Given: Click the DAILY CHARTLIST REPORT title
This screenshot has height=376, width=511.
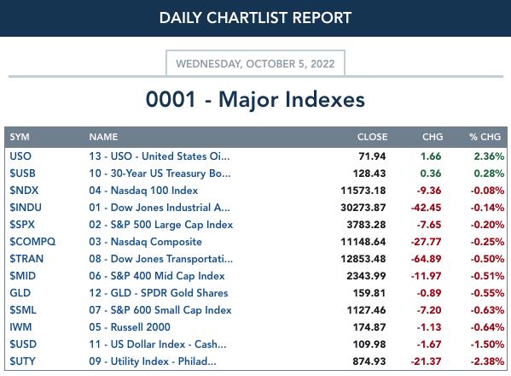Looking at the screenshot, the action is click(255, 18).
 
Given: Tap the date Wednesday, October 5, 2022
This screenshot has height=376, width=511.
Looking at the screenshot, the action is click(255, 63).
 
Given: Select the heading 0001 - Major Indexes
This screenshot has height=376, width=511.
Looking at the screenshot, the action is click(255, 99).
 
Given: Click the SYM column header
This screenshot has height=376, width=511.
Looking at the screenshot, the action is click(20, 137).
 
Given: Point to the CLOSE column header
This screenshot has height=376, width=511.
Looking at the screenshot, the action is click(372, 137).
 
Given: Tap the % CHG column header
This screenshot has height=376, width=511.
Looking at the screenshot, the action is click(485, 137).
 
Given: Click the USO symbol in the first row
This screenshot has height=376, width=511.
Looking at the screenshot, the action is click(20, 156).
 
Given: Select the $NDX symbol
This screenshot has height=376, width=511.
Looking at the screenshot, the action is click(24, 191).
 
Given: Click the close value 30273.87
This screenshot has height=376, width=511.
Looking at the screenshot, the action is click(363, 208).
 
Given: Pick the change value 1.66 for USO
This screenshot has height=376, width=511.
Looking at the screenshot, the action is click(431, 156).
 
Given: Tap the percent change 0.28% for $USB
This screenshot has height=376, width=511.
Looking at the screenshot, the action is click(489, 173).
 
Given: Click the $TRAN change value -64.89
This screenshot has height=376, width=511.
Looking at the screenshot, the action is click(426, 259).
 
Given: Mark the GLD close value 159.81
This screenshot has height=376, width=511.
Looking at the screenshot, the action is click(369, 293).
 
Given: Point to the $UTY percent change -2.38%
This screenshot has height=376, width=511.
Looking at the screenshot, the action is click(487, 361).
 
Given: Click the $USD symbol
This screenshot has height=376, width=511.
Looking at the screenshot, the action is click(23, 344).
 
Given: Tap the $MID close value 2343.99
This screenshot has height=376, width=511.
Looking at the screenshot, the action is click(366, 276).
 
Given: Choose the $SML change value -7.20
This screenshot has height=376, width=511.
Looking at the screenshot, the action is click(429, 310).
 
